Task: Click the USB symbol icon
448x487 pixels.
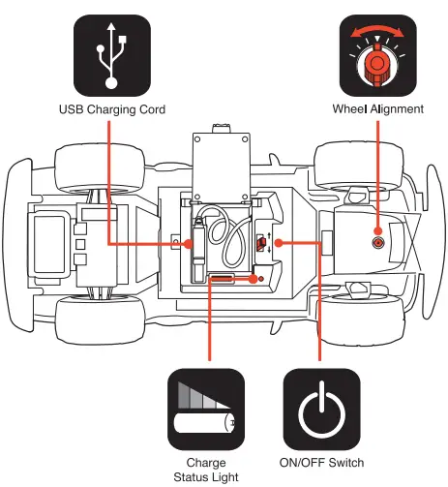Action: [x=112, y=55]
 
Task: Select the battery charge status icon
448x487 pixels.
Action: [x=206, y=409]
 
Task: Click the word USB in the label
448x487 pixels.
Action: [x=72, y=109]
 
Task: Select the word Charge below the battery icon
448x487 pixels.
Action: [x=206, y=463]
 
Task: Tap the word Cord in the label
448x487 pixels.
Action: [x=152, y=109]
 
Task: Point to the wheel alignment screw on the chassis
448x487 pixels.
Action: [x=377, y=242]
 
